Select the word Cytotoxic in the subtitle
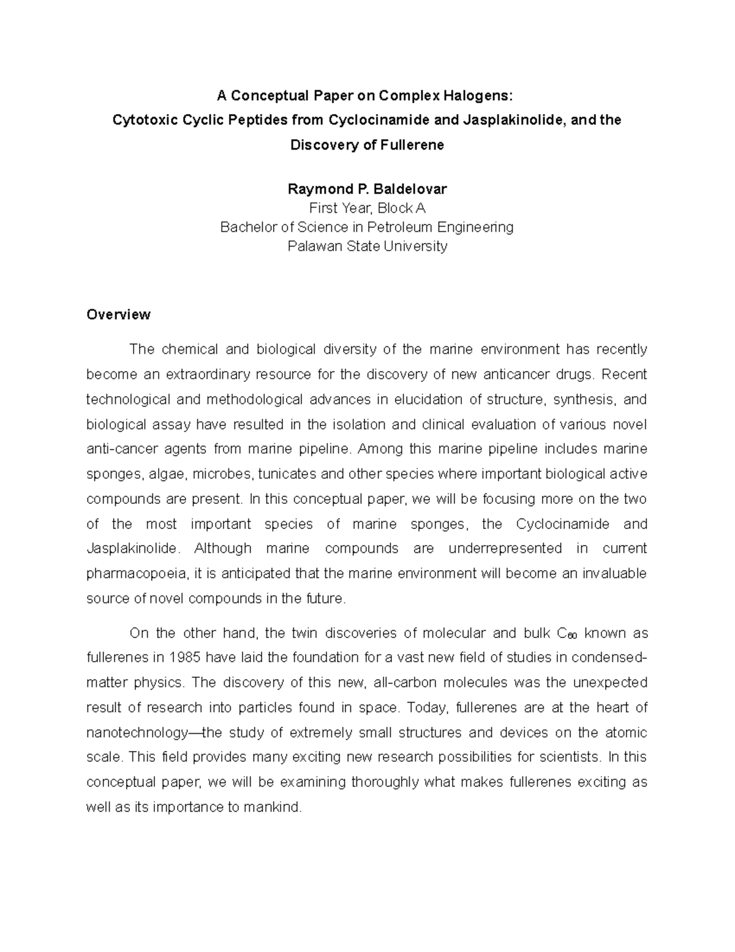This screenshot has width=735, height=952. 140,120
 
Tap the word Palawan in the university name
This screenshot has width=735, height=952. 312,246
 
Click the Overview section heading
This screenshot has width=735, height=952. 118,314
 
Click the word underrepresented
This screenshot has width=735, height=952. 505,548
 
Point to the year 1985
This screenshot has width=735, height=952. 184,658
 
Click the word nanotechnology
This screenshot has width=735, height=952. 136,733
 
